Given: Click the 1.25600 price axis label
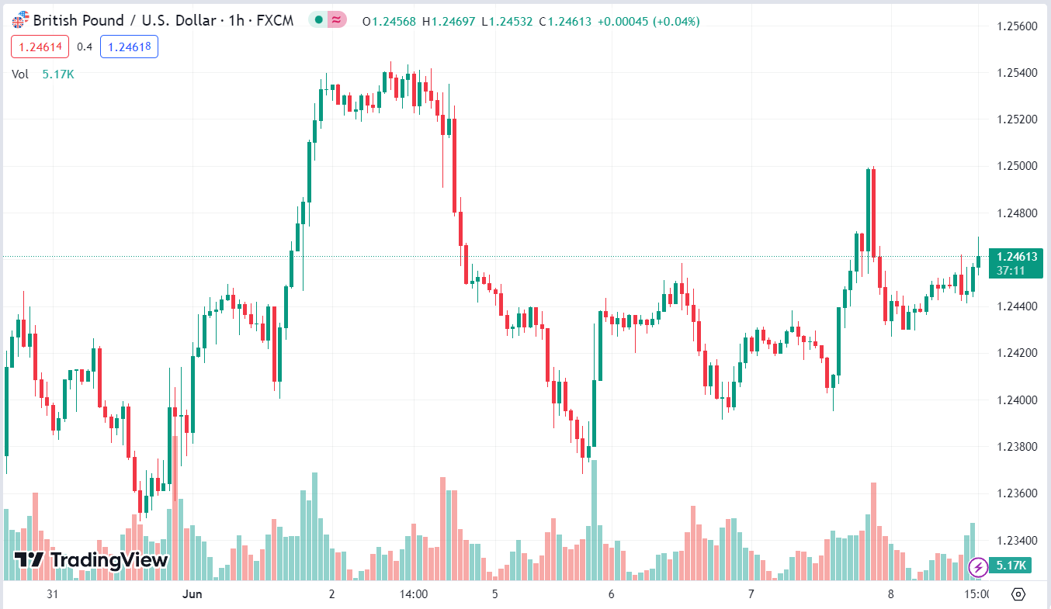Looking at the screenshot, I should (1015, 26).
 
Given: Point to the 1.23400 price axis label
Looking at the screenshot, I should (1015, 541).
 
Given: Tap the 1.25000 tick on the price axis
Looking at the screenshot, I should (1015, 166).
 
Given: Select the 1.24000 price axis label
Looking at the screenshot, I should (1015, 400).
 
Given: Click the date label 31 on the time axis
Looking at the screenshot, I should (53, 595).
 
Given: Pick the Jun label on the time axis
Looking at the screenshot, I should (192, 595).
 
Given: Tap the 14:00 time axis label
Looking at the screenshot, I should (414, 595).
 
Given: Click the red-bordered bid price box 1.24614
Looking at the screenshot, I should (40, 47).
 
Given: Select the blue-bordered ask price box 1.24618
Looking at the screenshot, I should (129, 47).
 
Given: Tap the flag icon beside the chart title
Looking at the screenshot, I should (20, 21).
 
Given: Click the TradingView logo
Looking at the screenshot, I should (91, 559).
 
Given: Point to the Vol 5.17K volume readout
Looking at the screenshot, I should (43, 74).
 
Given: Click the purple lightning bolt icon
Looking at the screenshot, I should (978, 567).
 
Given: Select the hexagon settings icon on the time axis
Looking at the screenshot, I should (1019, 595).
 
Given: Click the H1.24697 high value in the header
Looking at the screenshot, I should (449, 21).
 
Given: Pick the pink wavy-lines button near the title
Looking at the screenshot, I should (337, 20).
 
